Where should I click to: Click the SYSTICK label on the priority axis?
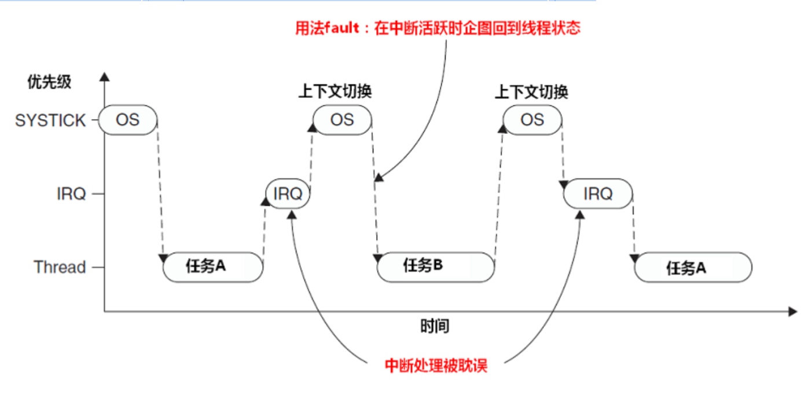pyautogui.click(x=50, y=120)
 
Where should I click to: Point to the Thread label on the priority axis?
pyautogui.click(x=59, y=267)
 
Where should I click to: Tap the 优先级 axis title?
pyautogui.click(x=49, y=82)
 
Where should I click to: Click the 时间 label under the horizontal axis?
pyautogui.click(x=435, y=326)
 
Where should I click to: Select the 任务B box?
pyautogui.click(x=435, y=267)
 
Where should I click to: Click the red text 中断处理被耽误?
pyautogui.click(x=436, y=365)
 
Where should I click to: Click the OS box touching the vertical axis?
pyautogui.click(x=128, y=120)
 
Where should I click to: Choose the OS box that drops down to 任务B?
pyautogui.click(x=342, y=120)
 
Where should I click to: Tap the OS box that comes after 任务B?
pyautogui.click(x=532, y=120)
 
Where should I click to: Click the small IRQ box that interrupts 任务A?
pyautogui.click(x=288, y=193)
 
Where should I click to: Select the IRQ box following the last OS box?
pyautogui.click(x=598, y=193)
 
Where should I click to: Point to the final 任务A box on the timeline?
pyautogui.click(x=693, y=268)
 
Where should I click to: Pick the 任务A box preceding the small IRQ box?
pyautogui.click(x=212, y=267)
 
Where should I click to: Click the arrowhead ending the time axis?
pyautogui.click(x=793, y=312)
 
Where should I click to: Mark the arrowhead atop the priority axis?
pyautogui.click(x=104, y=76)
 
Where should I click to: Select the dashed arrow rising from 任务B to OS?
pyautogui.click(x=499, y=191)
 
